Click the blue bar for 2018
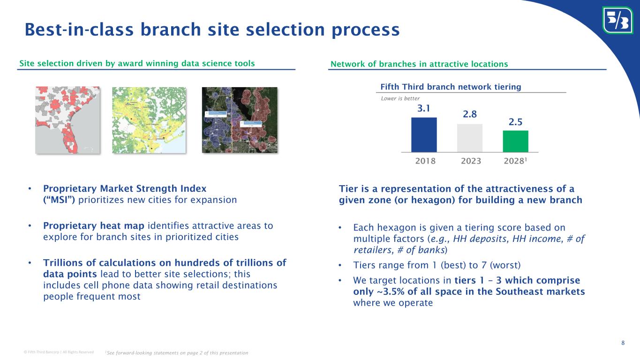[x=424, y=135]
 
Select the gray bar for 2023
[x=470, y=138]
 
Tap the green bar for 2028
[x=515, y=141]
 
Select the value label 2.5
[x=515, y=122]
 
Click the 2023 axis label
[x=471, y=161]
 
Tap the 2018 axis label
[x=425, y=161]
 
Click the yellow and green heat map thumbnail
[x=149, y=120]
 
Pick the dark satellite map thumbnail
[x=240, y=120]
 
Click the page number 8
[x=623, y=343]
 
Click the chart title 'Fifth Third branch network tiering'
[x=451, y=87]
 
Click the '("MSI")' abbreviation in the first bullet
[x=60, y=200]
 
